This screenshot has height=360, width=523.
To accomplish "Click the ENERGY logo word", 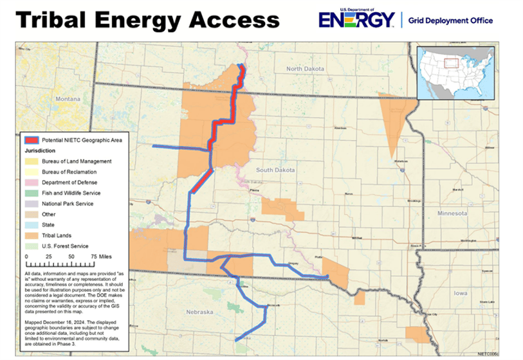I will pos(356,21).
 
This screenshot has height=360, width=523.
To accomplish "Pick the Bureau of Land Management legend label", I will pos(77,161).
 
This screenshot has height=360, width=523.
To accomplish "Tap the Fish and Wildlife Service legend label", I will pos(71,193).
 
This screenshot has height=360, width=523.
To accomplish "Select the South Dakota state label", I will pos(275,170).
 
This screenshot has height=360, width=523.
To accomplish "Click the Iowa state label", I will pos(460,292).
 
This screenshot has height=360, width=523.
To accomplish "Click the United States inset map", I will pos(456,73).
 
